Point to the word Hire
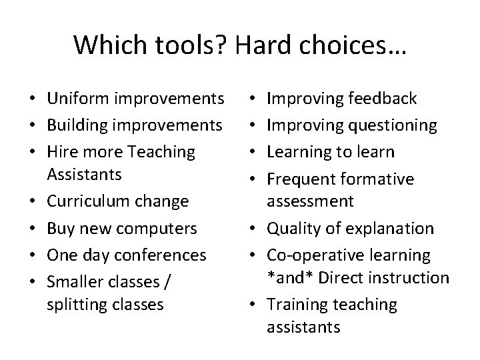(62, 151)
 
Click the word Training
(296, 305)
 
